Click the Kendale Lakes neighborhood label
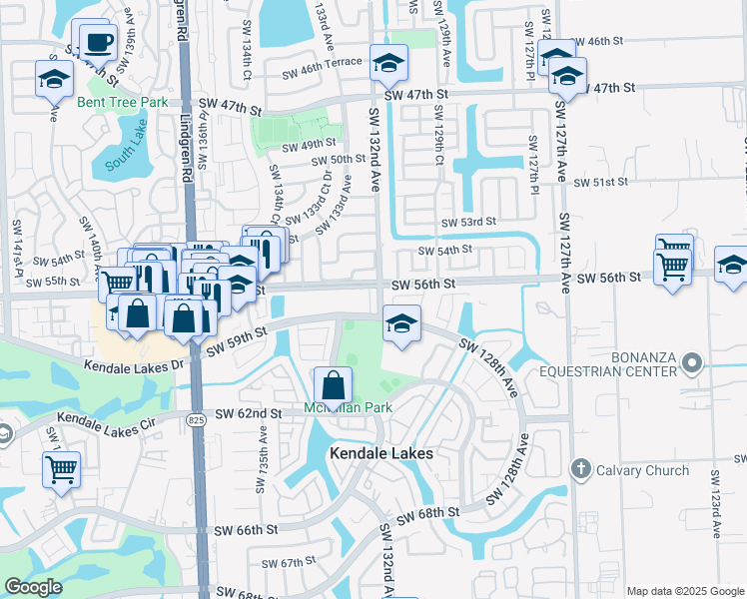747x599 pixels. point(381,453)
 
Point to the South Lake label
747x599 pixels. point(125,154)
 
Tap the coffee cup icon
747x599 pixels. point(99,43)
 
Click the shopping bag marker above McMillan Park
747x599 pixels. point(333,383)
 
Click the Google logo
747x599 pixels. point(33,587)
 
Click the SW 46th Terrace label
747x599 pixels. point(322,73)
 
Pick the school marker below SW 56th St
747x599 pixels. point(401,323)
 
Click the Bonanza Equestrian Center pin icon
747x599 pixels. point(692,363)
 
